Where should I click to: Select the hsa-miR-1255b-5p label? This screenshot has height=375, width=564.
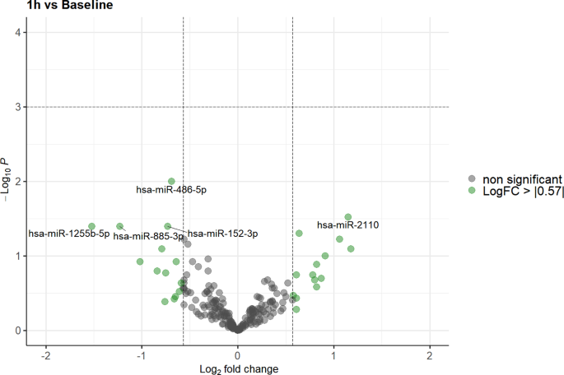69,234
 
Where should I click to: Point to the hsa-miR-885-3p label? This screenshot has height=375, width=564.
148,237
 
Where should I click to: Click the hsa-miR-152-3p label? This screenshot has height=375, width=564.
222,234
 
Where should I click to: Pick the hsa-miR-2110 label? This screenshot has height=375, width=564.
347,225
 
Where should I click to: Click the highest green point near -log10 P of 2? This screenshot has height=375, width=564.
171,181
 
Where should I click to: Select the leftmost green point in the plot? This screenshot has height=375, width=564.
92,226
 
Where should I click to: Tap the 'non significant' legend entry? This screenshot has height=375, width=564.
523,178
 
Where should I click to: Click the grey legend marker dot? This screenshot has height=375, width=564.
472,178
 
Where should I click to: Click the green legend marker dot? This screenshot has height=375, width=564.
472,191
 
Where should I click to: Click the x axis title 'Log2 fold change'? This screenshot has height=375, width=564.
238,368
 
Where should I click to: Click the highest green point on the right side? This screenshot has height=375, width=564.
347,217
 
